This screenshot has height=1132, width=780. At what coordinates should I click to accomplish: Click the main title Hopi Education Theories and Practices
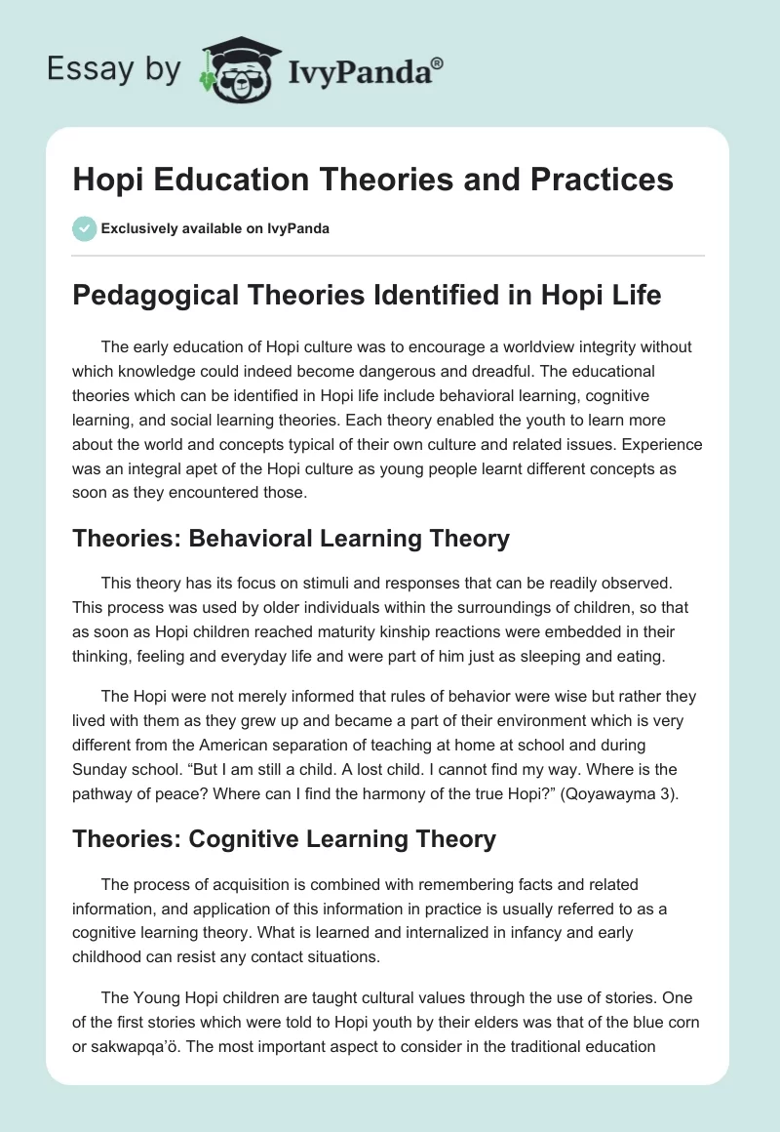pos(372,180)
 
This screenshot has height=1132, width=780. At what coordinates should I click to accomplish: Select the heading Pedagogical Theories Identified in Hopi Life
pos(367,296)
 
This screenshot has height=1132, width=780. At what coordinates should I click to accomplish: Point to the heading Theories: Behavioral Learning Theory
pos(291,537)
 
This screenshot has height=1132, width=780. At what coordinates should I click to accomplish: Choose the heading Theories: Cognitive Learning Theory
pos(284,838)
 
